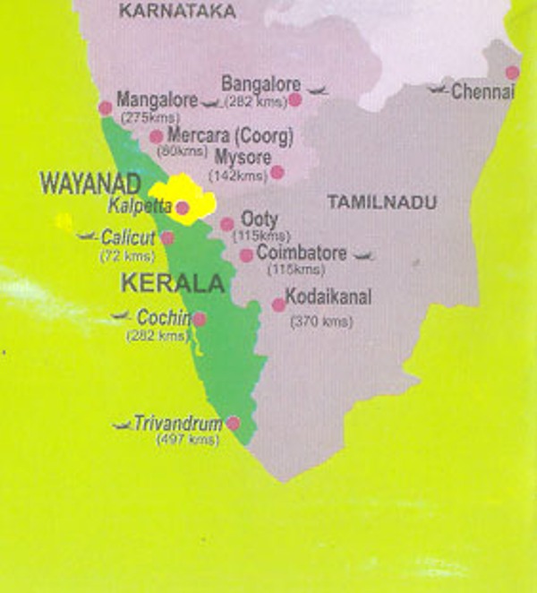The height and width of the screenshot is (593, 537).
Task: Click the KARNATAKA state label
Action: pos(177,12)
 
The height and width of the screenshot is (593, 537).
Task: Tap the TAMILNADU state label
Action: pos(382,203)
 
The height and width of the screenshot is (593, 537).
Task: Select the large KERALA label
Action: pos(171,284)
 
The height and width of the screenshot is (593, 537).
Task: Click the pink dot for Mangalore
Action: pos(106,107)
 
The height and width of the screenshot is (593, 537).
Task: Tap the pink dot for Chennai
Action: pos(512,73)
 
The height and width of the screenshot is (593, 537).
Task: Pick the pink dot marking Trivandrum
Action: pos(233,423)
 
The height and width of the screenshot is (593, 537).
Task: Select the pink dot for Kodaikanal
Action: pos(279,305)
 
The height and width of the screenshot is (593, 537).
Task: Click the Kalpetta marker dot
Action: pos(183,209)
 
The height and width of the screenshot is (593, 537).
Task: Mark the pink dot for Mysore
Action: pos(277,172)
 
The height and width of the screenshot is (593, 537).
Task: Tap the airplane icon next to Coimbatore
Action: pos(362,257)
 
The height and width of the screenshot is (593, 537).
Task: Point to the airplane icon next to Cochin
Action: pos(123,316)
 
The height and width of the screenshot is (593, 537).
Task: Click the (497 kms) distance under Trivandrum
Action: pos(187,440)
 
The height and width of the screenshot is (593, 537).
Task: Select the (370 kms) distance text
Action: pos(321,322)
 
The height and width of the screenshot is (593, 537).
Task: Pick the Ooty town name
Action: pos(260,219)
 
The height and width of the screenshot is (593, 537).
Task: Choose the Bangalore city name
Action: pos(260,83)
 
